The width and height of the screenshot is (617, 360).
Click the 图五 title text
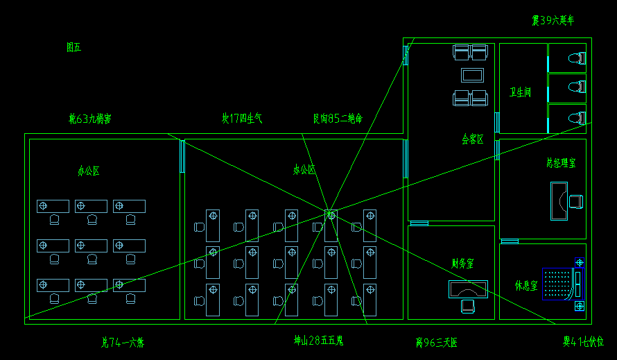pyautogui.click(x=73, y=47)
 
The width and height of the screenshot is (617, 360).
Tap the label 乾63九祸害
pyautogui.click(x=90, y=119)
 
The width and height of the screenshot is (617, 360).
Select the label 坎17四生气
pyautogui.click(x=242, y=119)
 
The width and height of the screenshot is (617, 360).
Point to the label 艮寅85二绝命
pyautogui.click(x=338, y=119)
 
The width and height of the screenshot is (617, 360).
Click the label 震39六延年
pyautogui.click(x=553, y=21)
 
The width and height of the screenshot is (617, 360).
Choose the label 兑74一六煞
pyautogui.click(x=123, y=342)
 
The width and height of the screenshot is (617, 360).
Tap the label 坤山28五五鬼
pyautogui.click(x=319, y=341)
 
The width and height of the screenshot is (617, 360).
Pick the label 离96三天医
pyautogui.click(x=437, y=342)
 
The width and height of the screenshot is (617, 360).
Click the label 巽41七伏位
pyautogui.click(x=583, y=342)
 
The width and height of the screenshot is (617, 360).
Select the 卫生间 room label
pyautogui.click(x=520, y=92)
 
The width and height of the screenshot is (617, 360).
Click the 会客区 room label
pyautogui.click(x=473, y=139)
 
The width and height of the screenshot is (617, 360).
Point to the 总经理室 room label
pyautogui.click(x=560, y=163)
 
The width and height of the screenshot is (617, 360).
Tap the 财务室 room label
pyautogui.click(x=462, y=264)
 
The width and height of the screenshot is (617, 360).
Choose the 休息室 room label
pyautogui.click(x=525, y=285)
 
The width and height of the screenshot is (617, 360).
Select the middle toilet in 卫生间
pyautogui.click(x=576, y=87)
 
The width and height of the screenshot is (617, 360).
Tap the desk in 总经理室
pyautogui.click(x=559, y=200)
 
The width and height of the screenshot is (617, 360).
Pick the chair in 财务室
pyautogui.click(x=468, y=305)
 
